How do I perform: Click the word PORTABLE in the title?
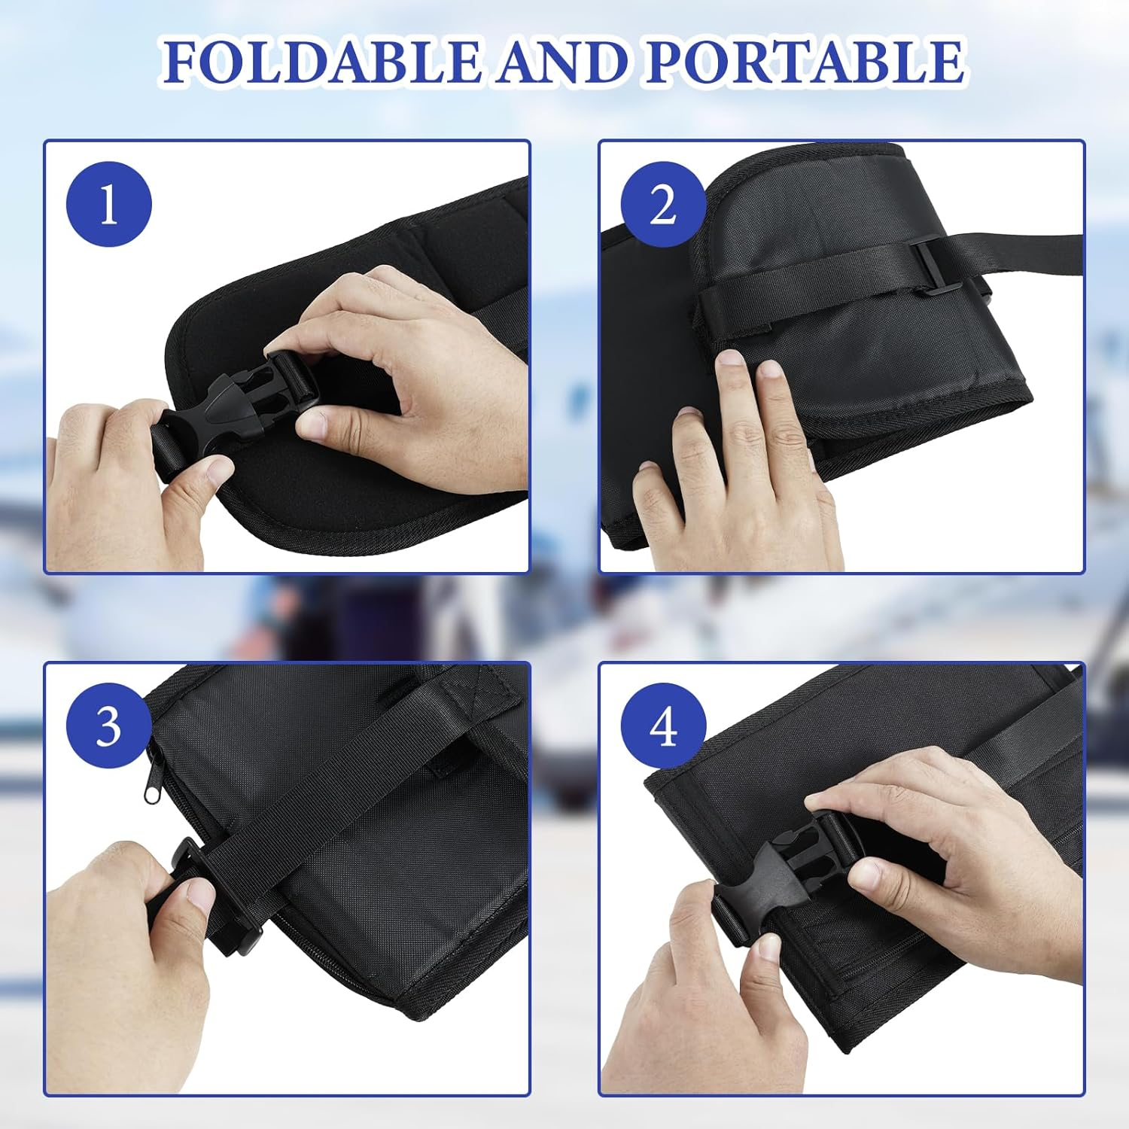click(805, 61)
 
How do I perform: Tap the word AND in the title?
click(561, 61)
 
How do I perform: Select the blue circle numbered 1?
click(109, 204)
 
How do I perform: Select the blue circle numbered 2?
click(663, 204)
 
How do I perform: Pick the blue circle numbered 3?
click(109, 726)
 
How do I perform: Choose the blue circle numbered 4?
click(663, 726)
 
